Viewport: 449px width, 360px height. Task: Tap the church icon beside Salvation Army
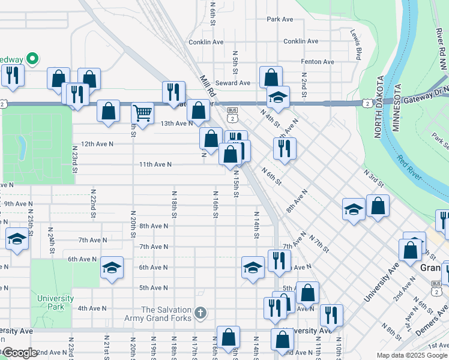pos(201,313)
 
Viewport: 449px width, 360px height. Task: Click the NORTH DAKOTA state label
pos(379,107)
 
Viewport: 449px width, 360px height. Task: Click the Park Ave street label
pos(280,19)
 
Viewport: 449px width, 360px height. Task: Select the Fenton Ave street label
pos(317,62)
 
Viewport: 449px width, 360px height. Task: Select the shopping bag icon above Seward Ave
pos(271,77)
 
